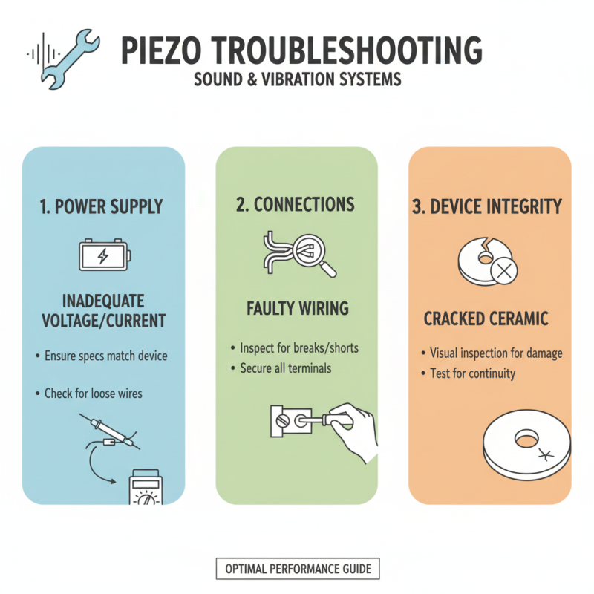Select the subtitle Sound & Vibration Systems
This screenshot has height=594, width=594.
297,79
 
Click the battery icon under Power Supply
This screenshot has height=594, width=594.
104,256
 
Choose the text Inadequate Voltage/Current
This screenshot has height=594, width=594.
103,313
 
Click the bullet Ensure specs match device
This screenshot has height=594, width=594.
106,356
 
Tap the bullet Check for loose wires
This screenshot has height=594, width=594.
93,393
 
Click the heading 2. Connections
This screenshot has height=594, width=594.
296,205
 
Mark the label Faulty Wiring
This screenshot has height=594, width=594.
297,307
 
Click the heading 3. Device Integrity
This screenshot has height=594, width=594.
487,207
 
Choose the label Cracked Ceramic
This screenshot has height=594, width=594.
486,319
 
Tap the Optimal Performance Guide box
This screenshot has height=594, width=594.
298,569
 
